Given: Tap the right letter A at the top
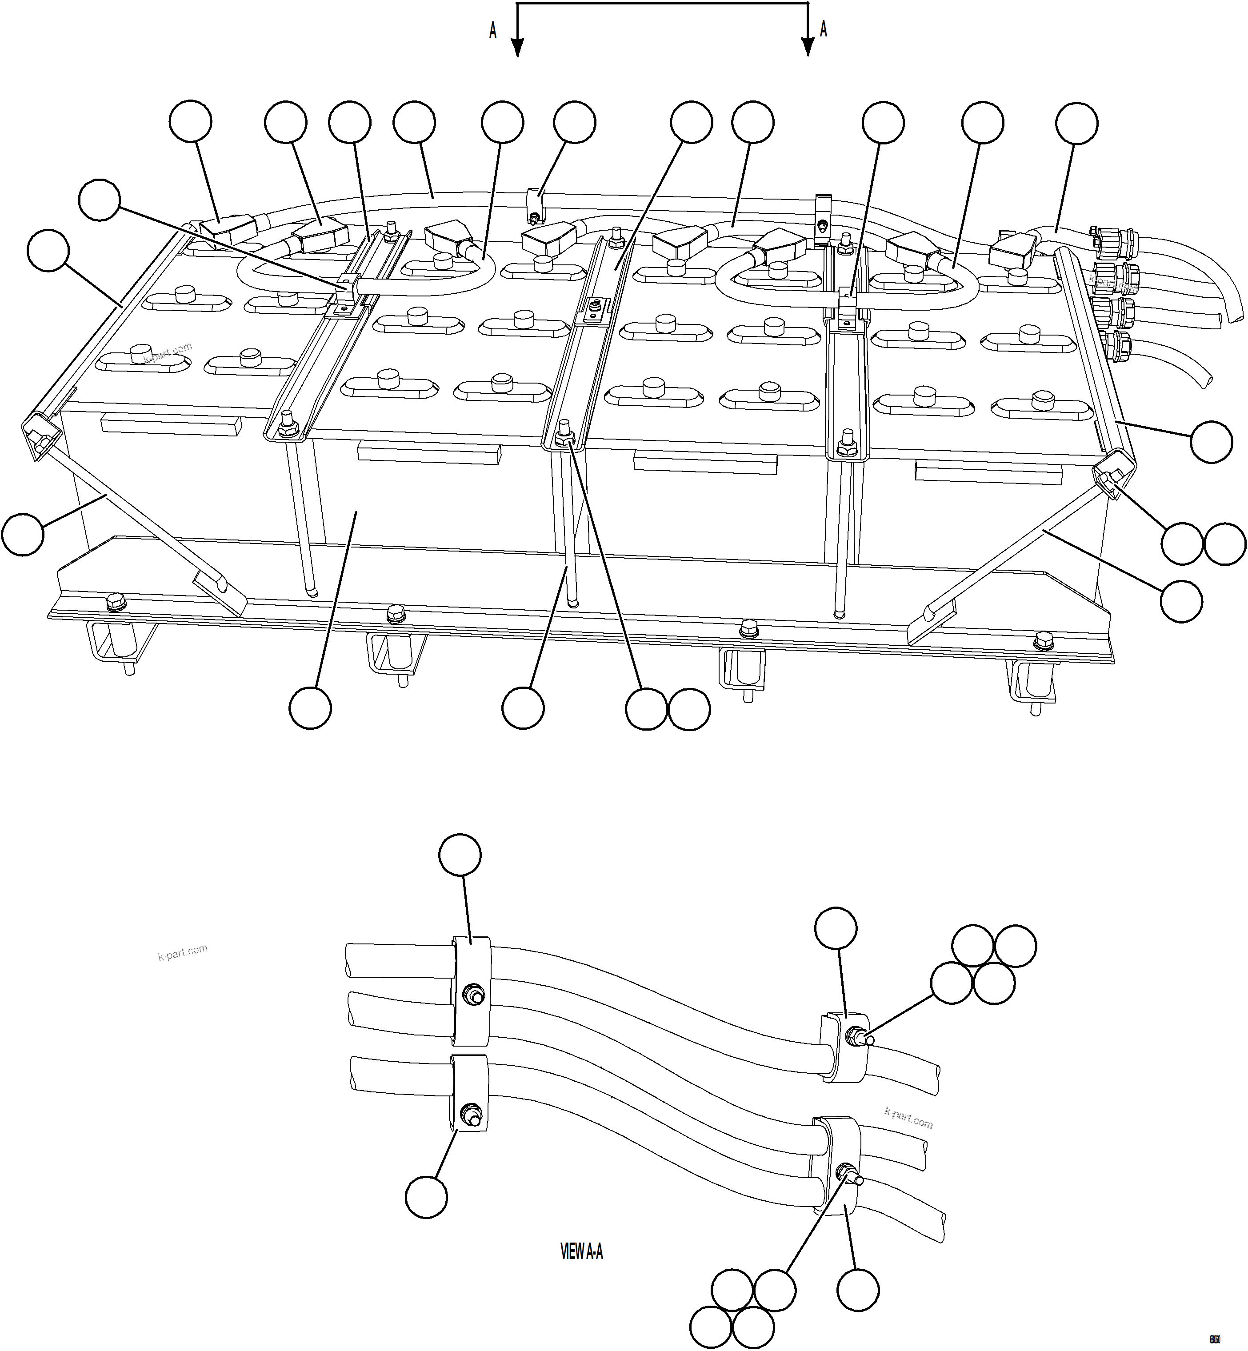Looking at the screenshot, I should [x=823, y=29].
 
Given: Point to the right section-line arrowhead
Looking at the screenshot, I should [x=808, y=47].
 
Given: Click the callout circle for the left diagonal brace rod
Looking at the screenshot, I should [x=23, y=535].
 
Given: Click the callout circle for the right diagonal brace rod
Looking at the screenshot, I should [x=1181, y=601].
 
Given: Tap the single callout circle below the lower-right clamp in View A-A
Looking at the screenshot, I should [x=858, y=1290].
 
